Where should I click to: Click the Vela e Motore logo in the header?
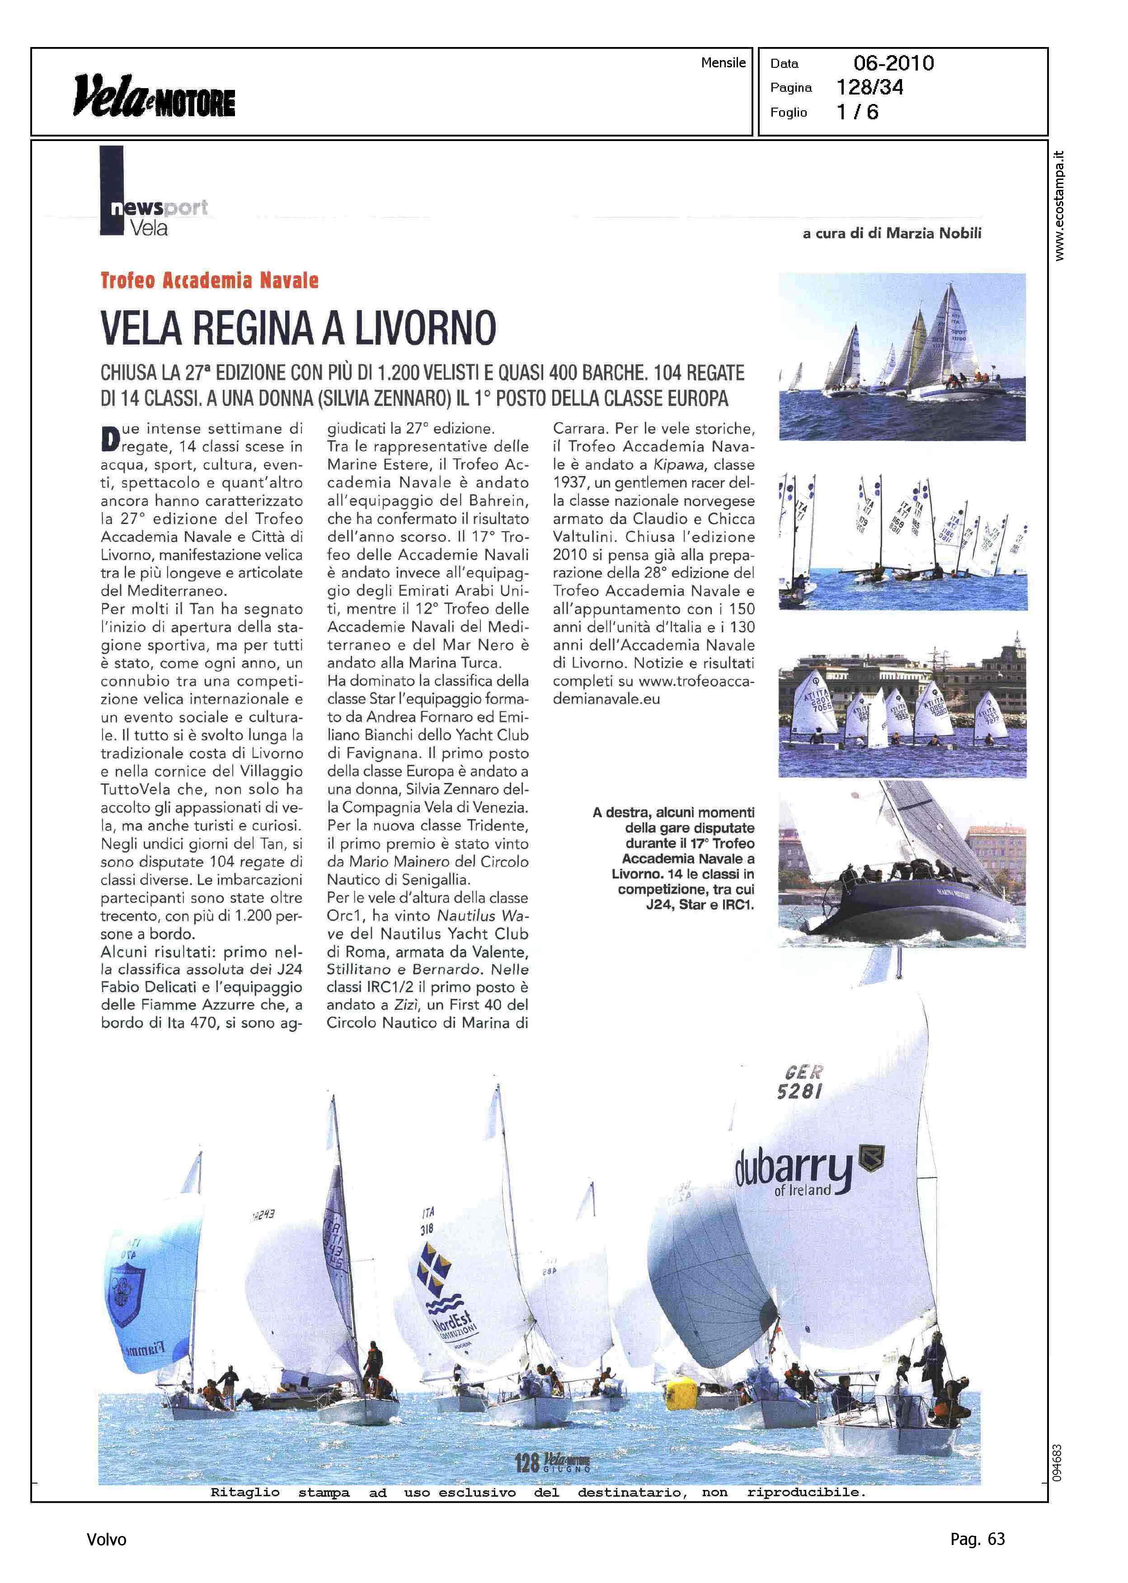coord(154,95)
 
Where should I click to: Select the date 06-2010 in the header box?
coord(893,63)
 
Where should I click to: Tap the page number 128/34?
coord(869,88)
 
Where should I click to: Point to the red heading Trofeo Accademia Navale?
coord(209,281)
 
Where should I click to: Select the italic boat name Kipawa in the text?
coord(670,465)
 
